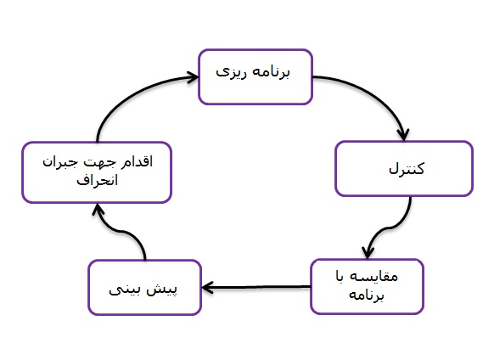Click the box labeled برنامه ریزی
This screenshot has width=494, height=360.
[255, 77]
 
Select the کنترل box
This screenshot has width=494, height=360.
[404, 169]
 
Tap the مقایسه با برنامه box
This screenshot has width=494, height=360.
[367, 286]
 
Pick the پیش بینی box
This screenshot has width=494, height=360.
[144, 287]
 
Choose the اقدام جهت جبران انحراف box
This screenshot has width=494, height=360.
[97, 172]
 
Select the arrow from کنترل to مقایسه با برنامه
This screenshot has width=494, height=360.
[390, 227]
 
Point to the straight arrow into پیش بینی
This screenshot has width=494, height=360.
[256, 287]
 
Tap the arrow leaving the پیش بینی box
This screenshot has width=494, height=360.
[123, 232]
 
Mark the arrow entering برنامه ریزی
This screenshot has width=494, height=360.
[132, 94]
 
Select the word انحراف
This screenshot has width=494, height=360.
[97, 180]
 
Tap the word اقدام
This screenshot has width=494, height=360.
[137, 161]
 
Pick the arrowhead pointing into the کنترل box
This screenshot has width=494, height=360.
[403, 135]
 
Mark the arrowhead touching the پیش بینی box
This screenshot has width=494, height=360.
[208, 288]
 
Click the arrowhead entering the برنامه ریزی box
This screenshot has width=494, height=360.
[193, 77]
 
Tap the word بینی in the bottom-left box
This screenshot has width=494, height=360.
[124, 290]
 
